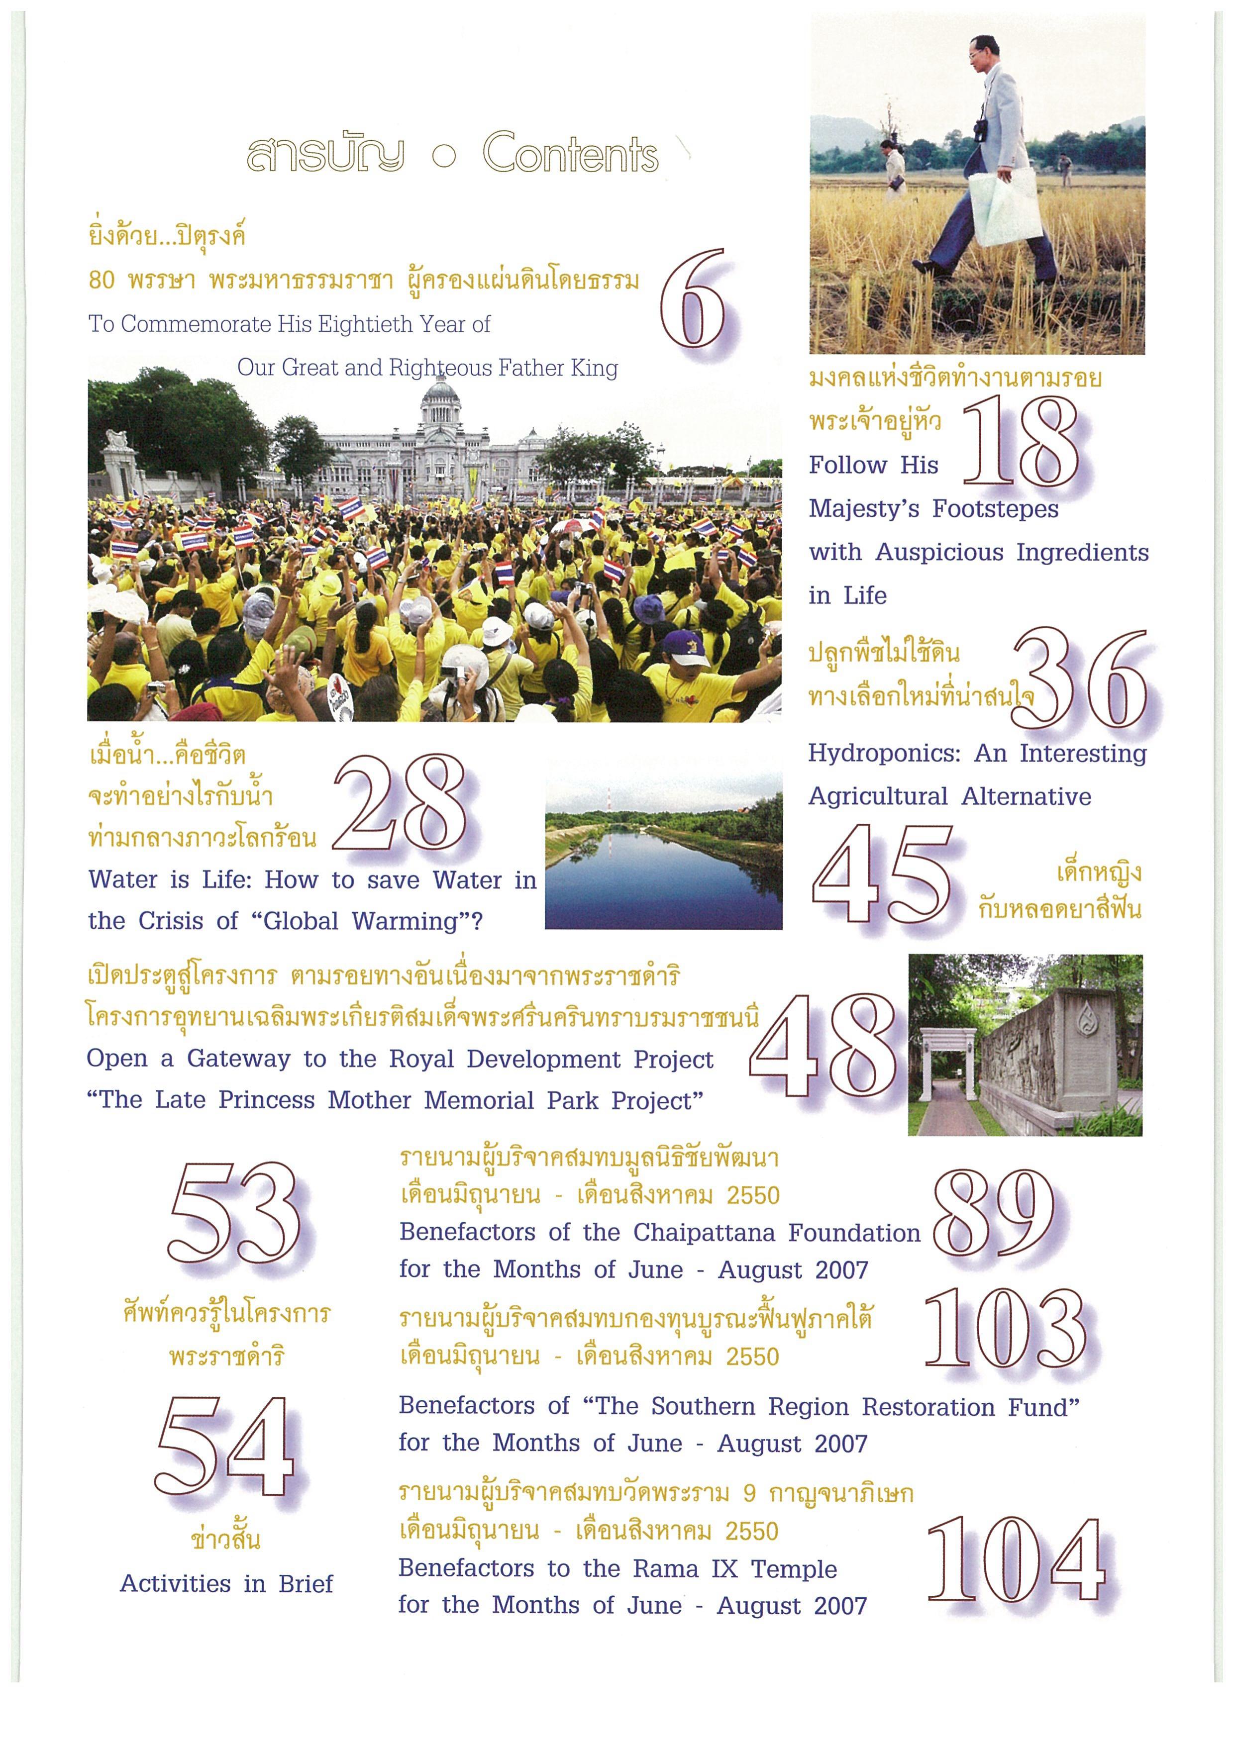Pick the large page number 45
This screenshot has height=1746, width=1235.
(882, 874)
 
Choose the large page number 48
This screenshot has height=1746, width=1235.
(825, 1046)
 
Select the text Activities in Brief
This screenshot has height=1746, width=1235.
(226, 1583)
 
